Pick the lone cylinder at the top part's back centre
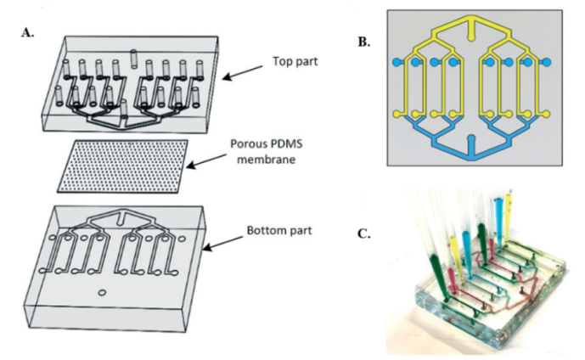(x=134, y=58)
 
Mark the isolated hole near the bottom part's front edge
(x=102, y=293)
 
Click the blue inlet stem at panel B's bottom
(x=469, y=154)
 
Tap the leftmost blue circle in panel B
(x=395, y=62)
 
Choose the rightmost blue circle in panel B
(x=545, y=62)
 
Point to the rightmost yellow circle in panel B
(x=545, y=112)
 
